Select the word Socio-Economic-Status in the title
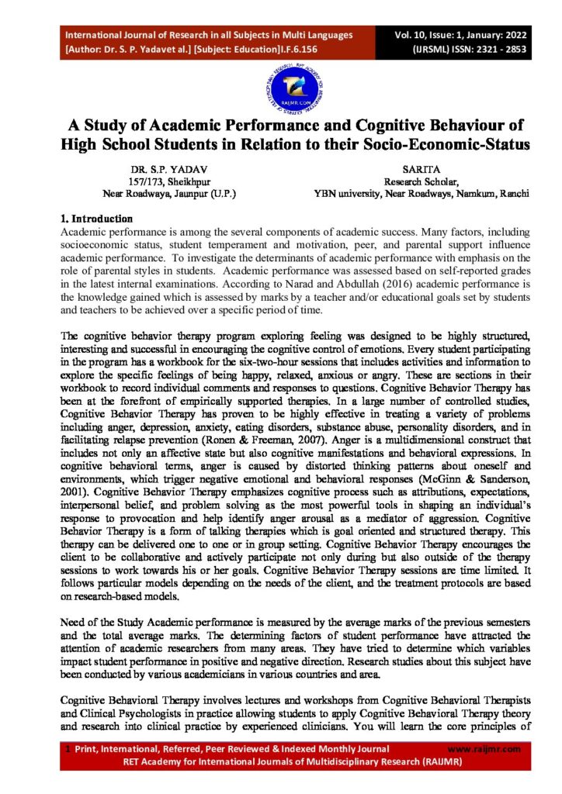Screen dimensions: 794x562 pos(437,144)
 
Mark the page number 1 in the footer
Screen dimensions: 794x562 pos(68,749)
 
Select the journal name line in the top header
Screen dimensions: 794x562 pos(209,35)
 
